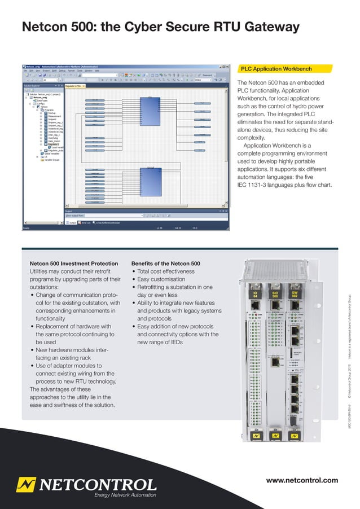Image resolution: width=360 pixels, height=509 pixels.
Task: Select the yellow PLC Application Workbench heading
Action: tap(276, 69)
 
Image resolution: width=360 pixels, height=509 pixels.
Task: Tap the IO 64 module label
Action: tap(255, 295)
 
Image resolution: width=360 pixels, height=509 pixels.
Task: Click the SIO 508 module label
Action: tap(275, 295)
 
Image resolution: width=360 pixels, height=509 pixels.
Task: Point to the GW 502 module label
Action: tap(294, 295)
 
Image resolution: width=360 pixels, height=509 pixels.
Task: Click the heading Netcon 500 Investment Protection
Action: tap(73, 264)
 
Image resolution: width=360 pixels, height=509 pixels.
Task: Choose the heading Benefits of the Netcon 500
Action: tap(165, 264)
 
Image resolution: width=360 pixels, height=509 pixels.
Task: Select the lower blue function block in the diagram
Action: tap(151, 182)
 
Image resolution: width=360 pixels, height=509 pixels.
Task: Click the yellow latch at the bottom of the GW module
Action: tap(294, 437)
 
